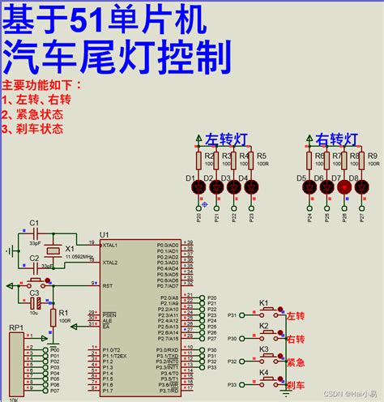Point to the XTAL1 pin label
pos(110,244)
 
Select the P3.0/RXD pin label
pos(167,350)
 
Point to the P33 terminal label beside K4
pos(233,384)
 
